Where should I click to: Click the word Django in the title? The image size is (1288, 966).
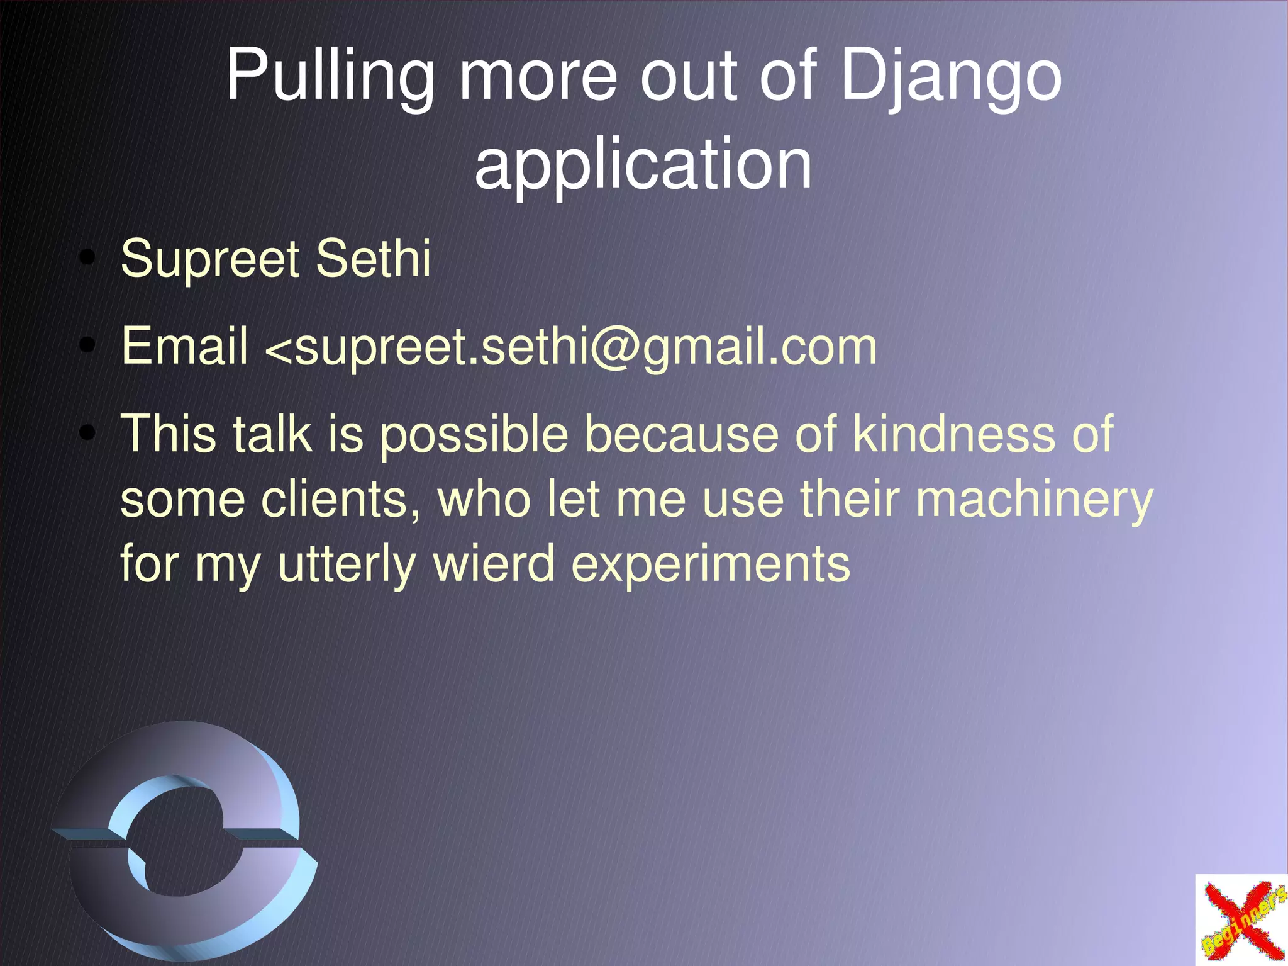click(950, 77)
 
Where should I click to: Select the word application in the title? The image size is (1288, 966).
click(643, 165)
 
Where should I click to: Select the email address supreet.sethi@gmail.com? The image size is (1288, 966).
click(585, 347)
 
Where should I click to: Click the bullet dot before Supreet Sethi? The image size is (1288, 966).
click(88, 258)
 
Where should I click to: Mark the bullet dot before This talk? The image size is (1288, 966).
click(88, 434)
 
